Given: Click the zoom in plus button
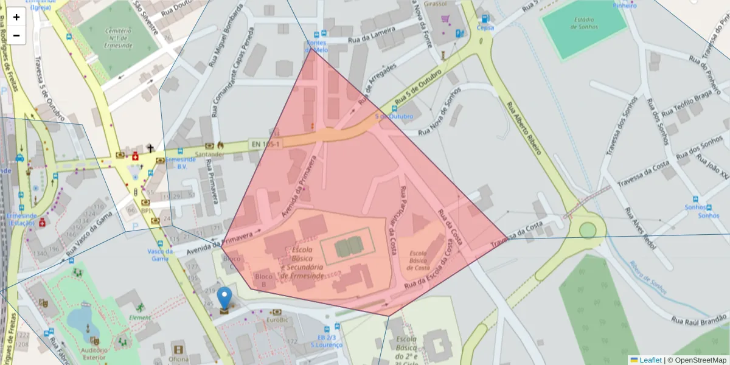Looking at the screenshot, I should [x=16, y=17].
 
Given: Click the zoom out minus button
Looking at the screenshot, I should [x=16, y=35].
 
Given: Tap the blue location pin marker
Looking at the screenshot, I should [x=225, y=298].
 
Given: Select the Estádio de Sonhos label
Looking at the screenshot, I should [x=585, y=23].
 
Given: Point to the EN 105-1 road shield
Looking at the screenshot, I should [x=266, y=144].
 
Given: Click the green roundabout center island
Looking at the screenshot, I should [x=588, y=230].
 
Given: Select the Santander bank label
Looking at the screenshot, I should [x=209, y=155].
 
